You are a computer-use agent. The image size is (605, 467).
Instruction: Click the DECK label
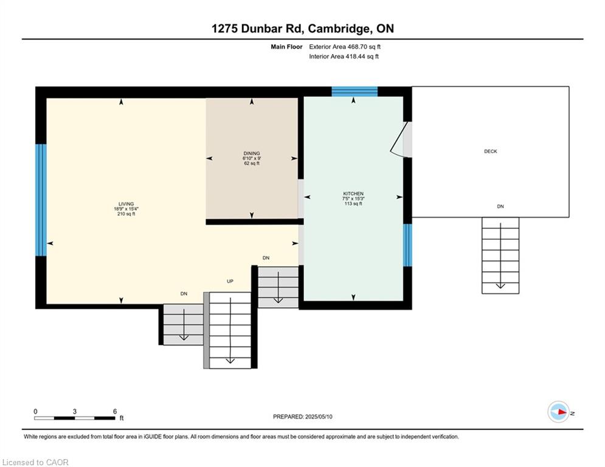[491, 151]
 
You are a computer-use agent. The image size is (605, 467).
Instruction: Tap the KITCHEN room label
[353, 193]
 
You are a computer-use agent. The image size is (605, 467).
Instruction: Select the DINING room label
[252, 153]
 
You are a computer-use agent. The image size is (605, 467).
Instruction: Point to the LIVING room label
[126, 204]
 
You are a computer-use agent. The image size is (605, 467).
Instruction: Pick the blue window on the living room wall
[41, 200]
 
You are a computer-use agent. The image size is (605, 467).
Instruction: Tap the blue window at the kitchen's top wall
[354, 92]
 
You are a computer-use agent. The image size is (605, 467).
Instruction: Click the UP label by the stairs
[230, 282]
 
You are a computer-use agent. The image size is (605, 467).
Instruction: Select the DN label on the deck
[500, 207]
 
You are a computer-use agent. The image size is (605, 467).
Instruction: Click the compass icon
[558, 412]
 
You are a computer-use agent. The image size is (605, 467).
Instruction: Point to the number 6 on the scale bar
[114, 412]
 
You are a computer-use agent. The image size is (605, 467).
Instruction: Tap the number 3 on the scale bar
[74, 412]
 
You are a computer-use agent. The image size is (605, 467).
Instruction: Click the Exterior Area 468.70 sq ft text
[345, 47]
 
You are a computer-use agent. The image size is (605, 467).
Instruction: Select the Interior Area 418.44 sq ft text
[344, 57]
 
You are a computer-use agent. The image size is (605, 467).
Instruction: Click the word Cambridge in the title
[338, 29]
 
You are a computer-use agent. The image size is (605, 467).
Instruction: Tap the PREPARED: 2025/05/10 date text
[303, 417]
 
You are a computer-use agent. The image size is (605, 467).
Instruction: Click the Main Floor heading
[286, 47]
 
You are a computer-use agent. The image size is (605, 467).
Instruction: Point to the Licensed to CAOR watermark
[35, 462]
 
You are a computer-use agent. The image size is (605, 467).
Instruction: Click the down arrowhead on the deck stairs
[500, 286]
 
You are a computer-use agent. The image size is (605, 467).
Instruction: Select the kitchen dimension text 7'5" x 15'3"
[353, 198]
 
